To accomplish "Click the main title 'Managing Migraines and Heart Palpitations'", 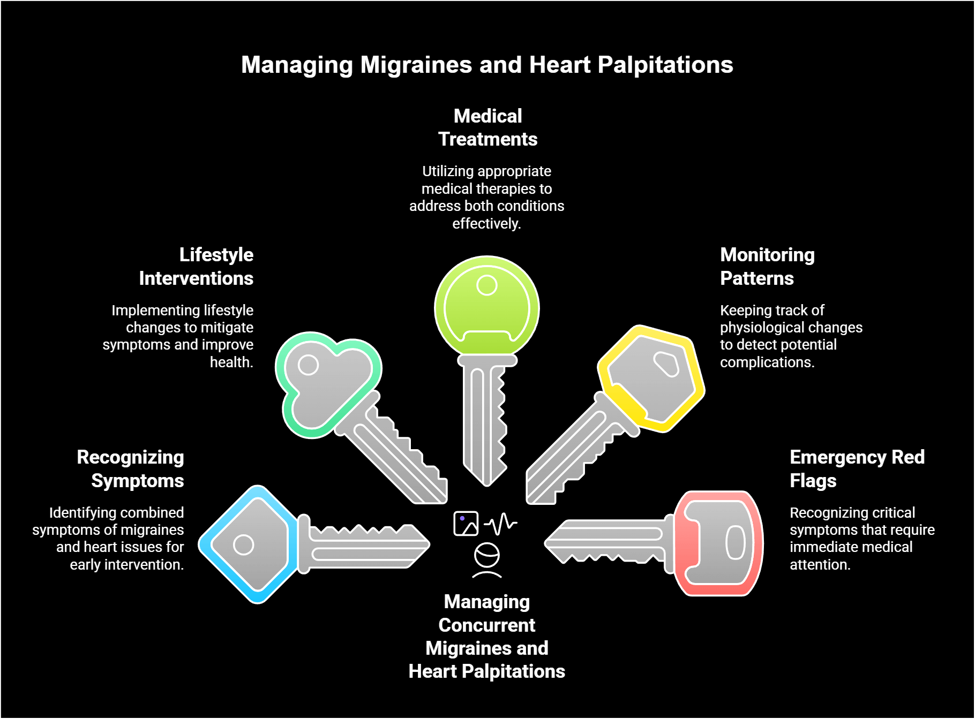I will coord(486,65).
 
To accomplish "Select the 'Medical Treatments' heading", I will coord(487,127).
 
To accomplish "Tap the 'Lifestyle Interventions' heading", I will coord(196,267).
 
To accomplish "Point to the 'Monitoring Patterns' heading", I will coord(767,267).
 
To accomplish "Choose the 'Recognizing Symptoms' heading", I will coord(131,469).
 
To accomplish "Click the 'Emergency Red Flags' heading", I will coord(857,469).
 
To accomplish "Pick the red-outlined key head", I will coord(718,543).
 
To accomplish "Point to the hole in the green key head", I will coord(486,285).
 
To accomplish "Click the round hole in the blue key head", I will coord(243,545).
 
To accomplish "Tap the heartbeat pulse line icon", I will coord(501,524).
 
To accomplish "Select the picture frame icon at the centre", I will coord(466,524).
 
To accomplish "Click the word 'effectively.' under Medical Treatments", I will coord(486,224).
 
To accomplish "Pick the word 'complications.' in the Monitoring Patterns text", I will coord(767,362).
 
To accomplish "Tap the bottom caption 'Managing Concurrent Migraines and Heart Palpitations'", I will coord(486,637).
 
